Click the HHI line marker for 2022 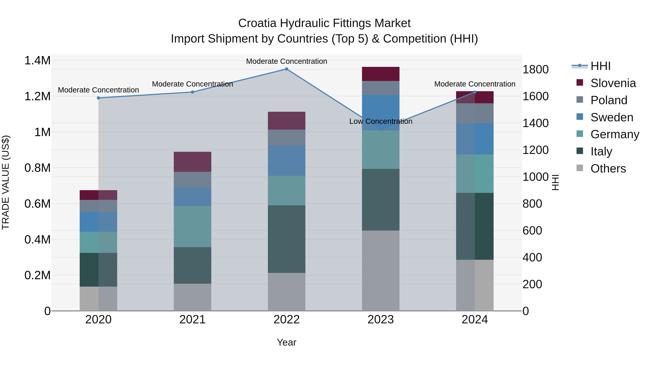click(286, 69)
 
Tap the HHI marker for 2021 click(193, 92)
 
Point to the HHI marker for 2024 click(475, 92)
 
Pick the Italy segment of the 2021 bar click(193, 265)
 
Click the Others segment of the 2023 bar click(381, 271)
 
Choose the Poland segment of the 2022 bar click(286, 138)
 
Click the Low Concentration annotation click(381, 121)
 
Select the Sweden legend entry click(612, 117)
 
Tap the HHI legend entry click(600, 66)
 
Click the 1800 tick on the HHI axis click(535, 70)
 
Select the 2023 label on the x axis click(381, 319)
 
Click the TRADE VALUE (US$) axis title click(6, 182)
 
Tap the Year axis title click(286, 342)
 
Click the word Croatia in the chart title click(257, 23)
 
